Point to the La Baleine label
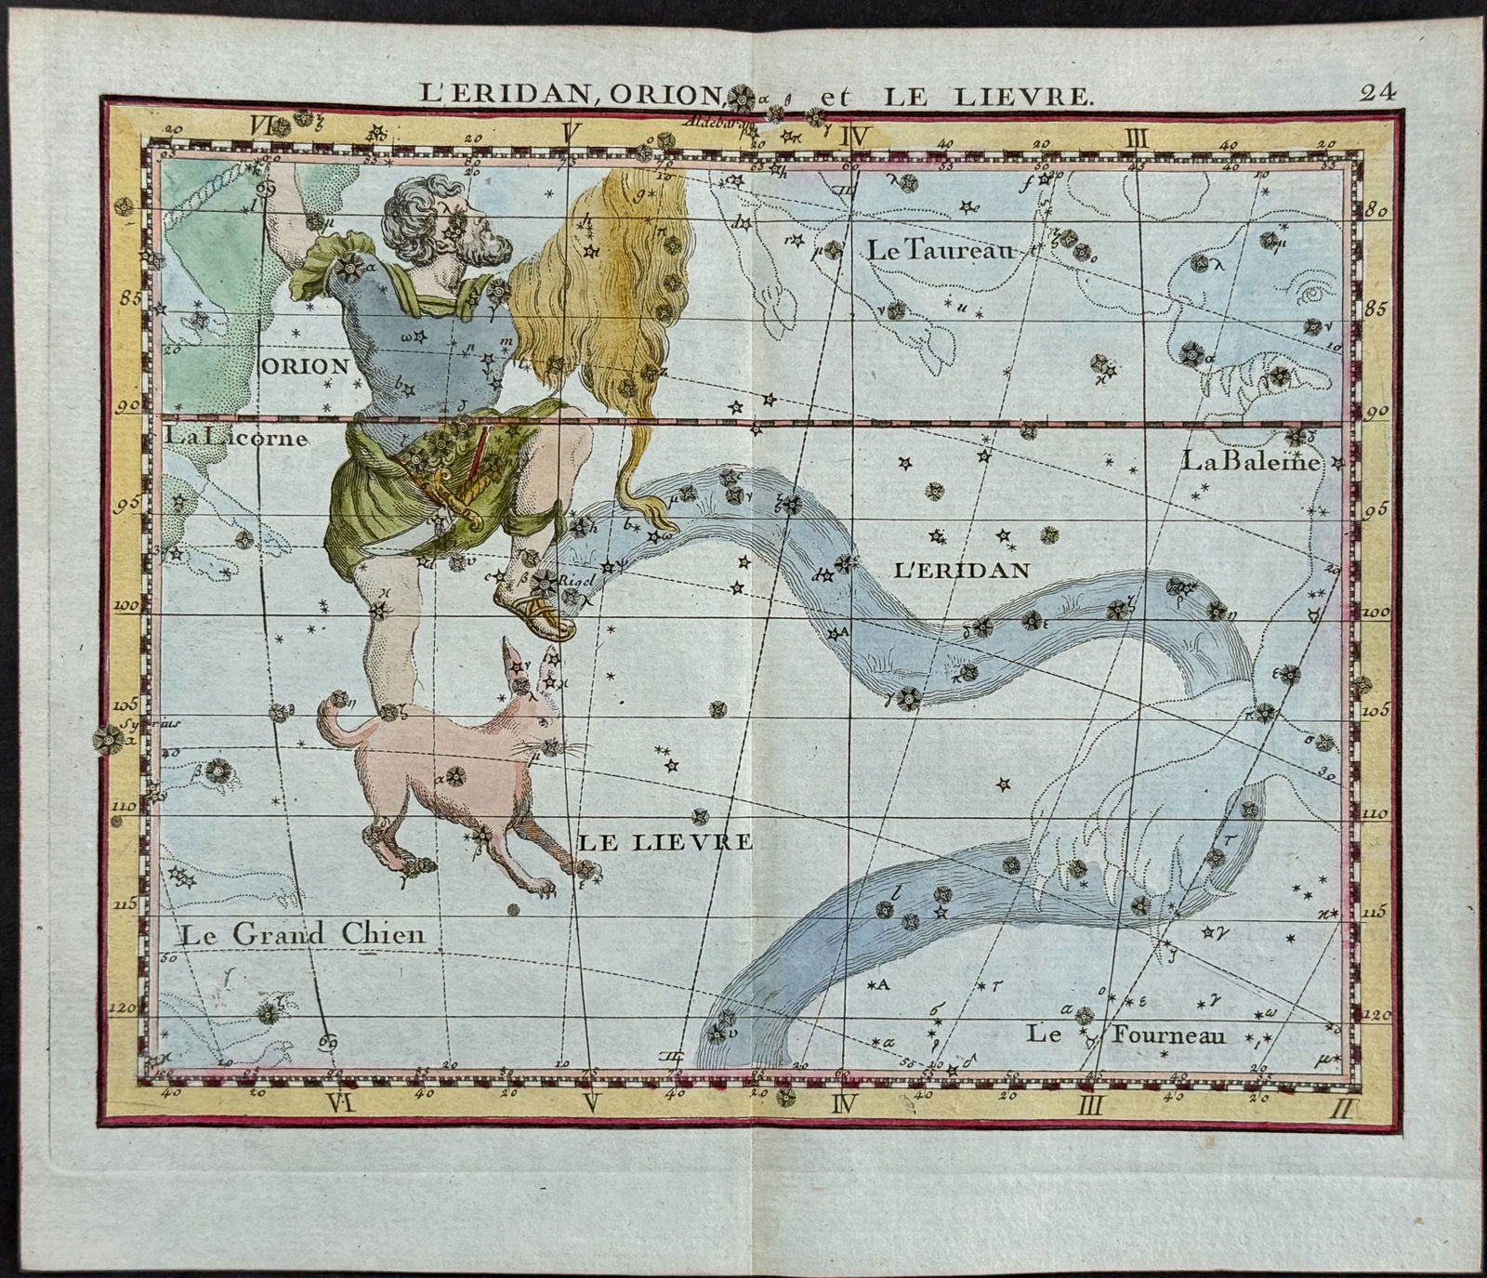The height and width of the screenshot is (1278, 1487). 1251,460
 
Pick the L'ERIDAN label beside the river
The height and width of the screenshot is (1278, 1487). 961,569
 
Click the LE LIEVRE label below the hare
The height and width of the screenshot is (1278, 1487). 665,843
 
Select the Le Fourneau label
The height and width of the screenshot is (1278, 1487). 1126,1034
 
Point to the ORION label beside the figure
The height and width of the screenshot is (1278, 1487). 307,365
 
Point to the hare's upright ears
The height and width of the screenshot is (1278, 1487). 520,665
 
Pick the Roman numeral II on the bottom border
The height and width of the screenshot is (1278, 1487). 1344,1106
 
